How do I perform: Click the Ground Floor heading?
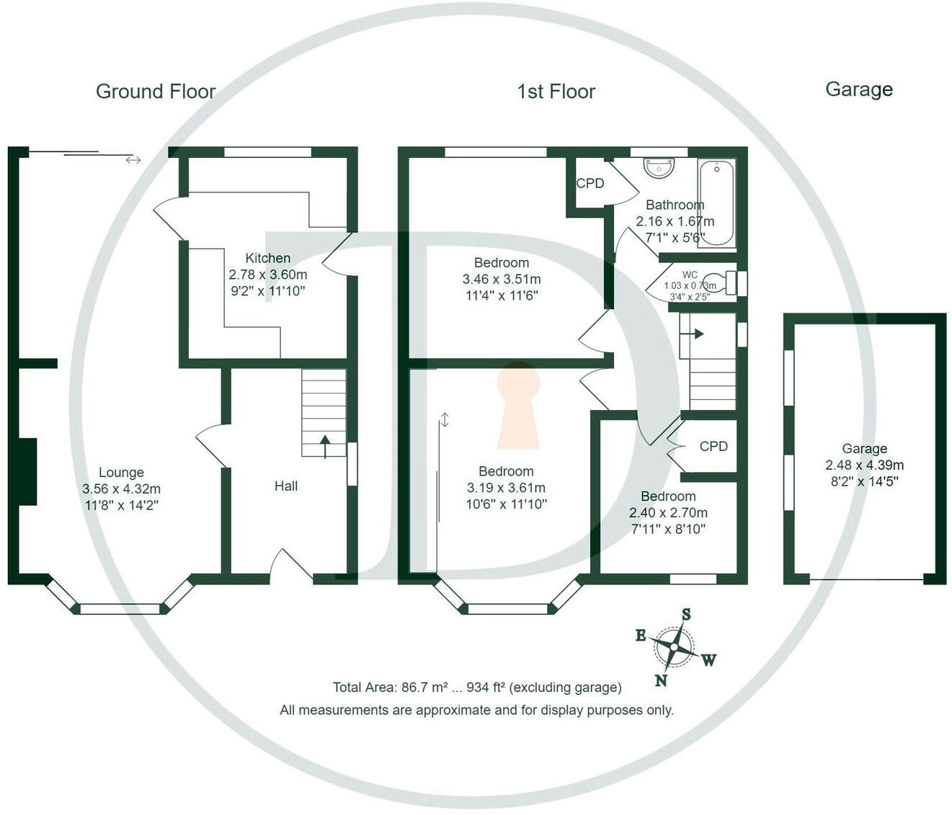point(156,92)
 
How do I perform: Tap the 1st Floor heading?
point(556,92)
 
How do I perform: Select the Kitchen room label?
point(267,258)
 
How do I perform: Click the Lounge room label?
point(121,473)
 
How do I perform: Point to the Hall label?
point(285,486)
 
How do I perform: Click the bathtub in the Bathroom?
point(716,203)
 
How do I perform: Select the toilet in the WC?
point(718,282)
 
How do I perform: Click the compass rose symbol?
point(675,647)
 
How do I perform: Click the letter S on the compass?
point(686,615)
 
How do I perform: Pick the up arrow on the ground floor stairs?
point(324,446)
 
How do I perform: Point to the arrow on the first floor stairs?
point(696,334)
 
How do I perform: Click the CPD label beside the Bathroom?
point(590,184)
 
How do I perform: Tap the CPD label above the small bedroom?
point(713,447)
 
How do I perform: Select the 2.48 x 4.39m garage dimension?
point(864,466)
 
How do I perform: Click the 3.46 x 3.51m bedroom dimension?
point(502,279)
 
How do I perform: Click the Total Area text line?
point(476,687)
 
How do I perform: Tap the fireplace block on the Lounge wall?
point(27,472)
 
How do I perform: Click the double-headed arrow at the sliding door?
point(133,160)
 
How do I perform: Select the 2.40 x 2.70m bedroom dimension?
point(668,513)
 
